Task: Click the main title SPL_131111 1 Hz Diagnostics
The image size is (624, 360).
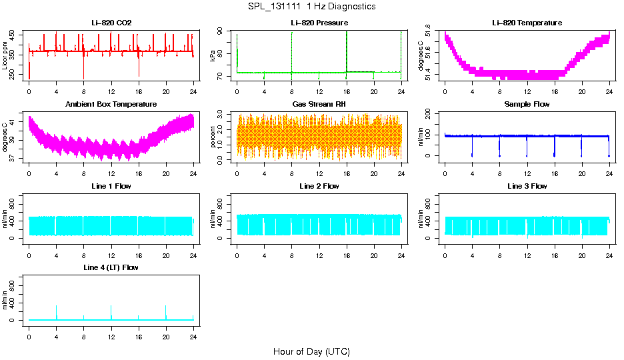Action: click(x=311, y=7)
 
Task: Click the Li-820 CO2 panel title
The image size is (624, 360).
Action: click(x=111, y=23)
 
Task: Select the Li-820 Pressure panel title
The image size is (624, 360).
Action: click(x=319, y=23)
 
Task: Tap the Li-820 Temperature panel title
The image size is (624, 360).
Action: click(x=527, y=23)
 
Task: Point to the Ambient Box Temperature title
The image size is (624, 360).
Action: click(x=111, y=104)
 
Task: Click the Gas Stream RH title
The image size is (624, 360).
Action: click(x=319, y=104)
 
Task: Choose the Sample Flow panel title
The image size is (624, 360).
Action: click(x=527, y=104)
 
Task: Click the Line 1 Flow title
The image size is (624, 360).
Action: click(x=111, y=186)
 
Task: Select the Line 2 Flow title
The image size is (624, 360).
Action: click(x=319, y=186)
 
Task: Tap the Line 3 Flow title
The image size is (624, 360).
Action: click(x=527, y=186)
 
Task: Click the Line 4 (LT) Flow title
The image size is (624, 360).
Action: click(x=111, y=267)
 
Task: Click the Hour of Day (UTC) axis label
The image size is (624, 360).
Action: click(x=311, y=351)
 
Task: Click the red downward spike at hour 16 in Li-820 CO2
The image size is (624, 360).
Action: click(x=139, y=70)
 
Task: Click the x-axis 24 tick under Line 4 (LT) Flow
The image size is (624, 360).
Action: click(x=193, y=331)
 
